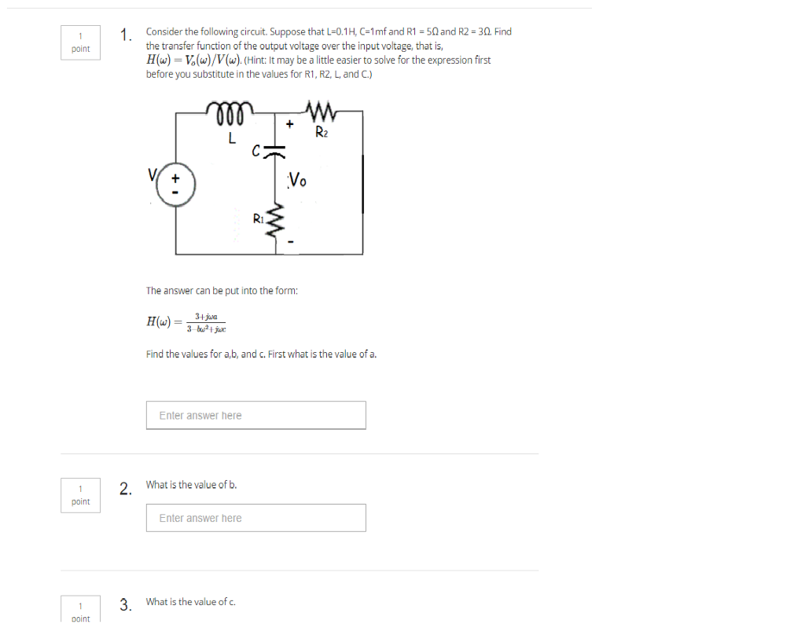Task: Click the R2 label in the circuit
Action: pos(322,131)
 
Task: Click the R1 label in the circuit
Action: pos(258,218)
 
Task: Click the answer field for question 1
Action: pos(255,415)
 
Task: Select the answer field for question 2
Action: pos(255,518)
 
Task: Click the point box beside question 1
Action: pos(80,42)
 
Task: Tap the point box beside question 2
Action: pos(80,496)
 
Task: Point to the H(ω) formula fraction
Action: pos(207,322)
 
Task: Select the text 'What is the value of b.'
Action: pos(192,485)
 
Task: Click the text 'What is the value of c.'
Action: pos(191,602)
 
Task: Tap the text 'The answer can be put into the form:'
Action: pos(222,290)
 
